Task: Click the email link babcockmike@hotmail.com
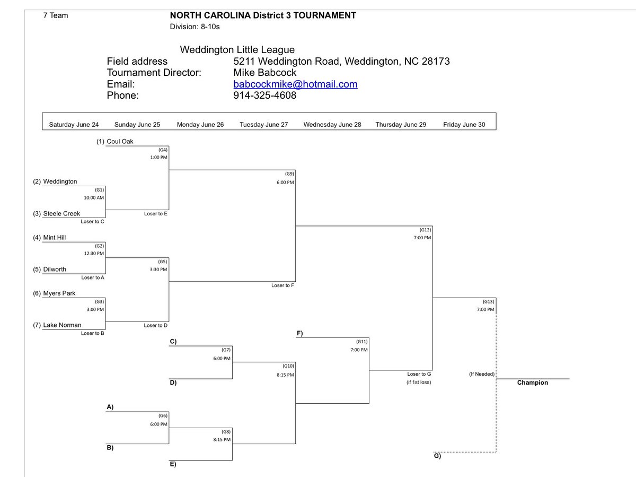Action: pyautogui.click(x=295, y=84)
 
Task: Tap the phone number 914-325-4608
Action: pyautogui.click(x=264, y=96)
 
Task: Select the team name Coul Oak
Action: pyautogui.click(x=120, y=142)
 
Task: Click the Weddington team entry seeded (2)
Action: pyautogui.click(x=60, y=181)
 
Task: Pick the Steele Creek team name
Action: pyautogui.click(x=61, y=213)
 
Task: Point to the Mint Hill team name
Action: pyautogui.click(x=55, y=237)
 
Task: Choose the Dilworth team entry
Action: pyautogui.click(x=55, y=269)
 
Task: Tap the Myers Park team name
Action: pyautogui.click(x=59, y=293)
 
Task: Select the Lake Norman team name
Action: pyautogui.click(x=62, y=325)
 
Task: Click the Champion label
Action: pyautogui.click(x=533, y=383)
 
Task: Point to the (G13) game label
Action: pyautogui.click(x=488, y=301)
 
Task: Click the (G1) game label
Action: pyautogui.click(x=100, y=189)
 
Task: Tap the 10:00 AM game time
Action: pyautogui.click(x=94, y=197)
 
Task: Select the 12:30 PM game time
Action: pyautogui.click(x=94, y=254)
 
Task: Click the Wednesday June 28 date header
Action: pyautogui.click(x=332, y=125)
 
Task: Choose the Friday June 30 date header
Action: pyautogui.click(x=464, y=125)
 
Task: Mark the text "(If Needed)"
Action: pyautogui.click(x=482, y=374)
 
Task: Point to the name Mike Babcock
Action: pyautogui.click(x=265, y=73)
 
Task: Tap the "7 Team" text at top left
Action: pyautogui.click(x=56, y=15)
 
